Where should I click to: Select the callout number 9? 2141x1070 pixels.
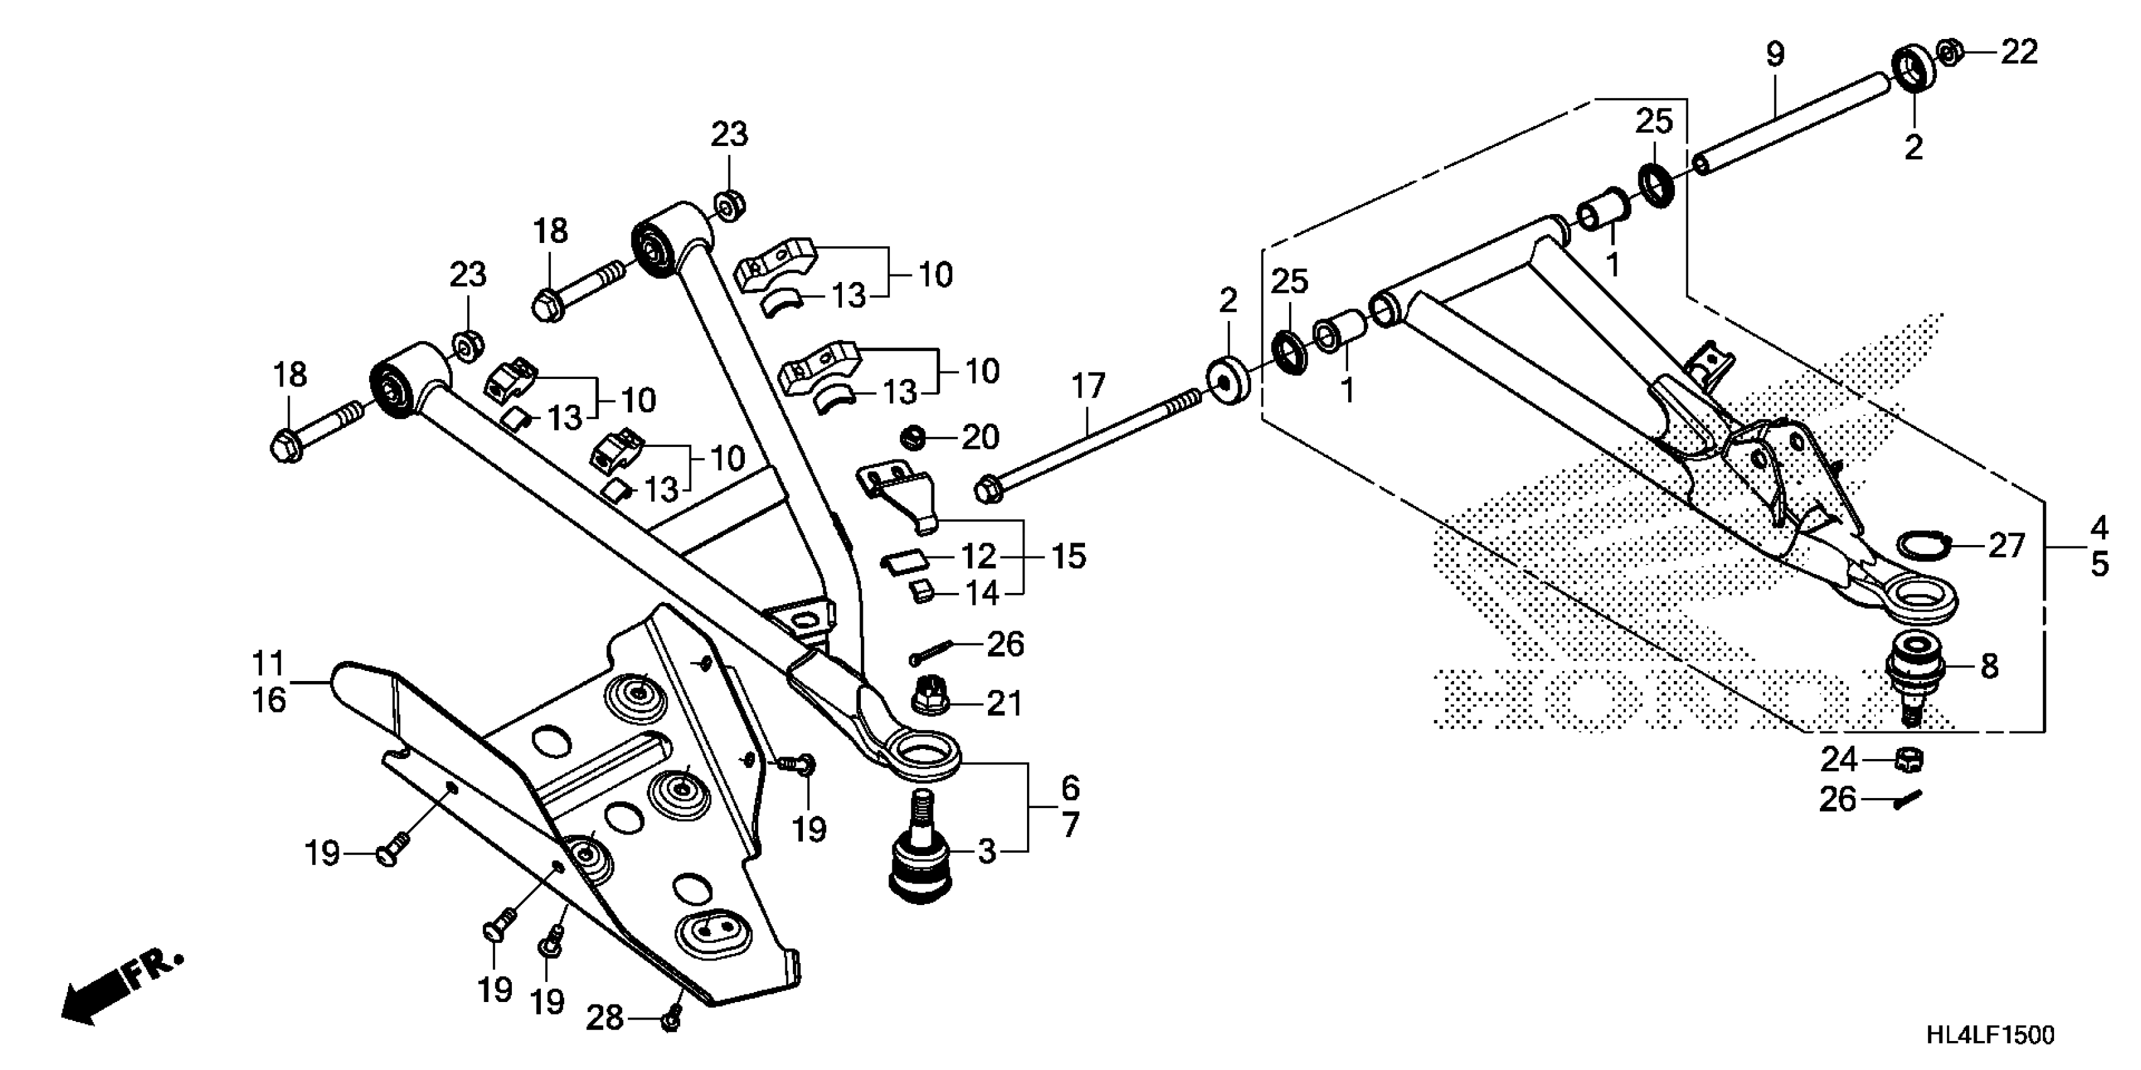point(1775,55)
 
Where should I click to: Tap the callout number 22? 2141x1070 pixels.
point(2019,52)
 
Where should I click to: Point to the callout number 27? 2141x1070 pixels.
point(2006,546)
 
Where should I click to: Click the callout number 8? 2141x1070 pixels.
point(1989,667)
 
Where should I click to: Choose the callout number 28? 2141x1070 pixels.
point(605,1018)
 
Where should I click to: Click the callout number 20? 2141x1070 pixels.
point(980,437)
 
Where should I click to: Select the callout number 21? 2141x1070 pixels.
point(1004,704)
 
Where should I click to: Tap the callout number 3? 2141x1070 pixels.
point(987,852)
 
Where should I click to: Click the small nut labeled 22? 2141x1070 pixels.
point(1949,52)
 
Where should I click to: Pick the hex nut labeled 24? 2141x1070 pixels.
point(1909,759)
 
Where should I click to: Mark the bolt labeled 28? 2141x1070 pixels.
point(671,1018)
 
